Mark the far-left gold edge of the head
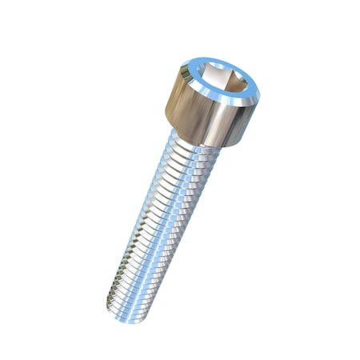[170, 112]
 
